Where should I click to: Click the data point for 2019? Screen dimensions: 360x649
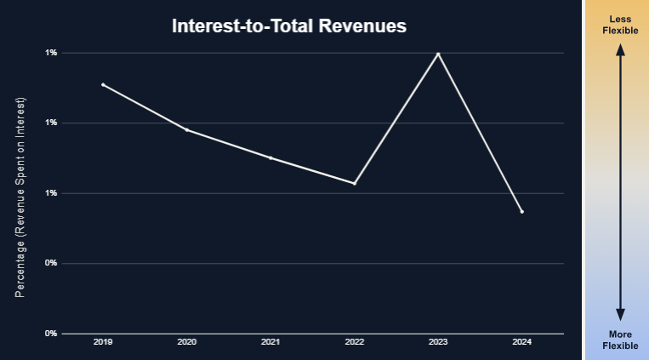coord(103,84)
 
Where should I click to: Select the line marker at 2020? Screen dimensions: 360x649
coord(186,129)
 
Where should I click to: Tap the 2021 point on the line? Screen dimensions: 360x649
coord(270,157)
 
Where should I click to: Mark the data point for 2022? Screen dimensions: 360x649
coord(354,183)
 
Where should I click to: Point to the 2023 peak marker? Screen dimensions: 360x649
coord(438,54)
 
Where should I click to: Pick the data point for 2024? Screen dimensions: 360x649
coord(521,211)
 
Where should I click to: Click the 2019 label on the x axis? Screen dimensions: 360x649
coord(103,342)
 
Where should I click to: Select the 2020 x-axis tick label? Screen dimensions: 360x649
coord(186,342)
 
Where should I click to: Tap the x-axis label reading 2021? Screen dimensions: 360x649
coord(270,342)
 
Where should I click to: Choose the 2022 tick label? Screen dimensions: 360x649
coord(354,342)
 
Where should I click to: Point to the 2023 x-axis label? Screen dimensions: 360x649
coord(438,342)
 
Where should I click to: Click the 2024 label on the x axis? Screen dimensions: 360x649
coord(521,342)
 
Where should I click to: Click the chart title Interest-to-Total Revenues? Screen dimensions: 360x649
coord(289,26)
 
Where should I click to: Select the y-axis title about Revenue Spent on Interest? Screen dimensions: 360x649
coord(21,197)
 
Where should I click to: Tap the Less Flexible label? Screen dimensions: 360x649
coord(620,25)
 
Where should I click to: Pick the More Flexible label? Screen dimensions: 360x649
coord(620,340)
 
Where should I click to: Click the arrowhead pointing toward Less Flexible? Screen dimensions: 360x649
coord(620,50)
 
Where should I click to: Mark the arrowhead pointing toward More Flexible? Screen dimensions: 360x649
coord(620,314)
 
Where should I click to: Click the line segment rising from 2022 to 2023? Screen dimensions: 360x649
coord(396,118)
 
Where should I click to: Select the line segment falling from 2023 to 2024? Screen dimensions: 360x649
coord(480,132)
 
